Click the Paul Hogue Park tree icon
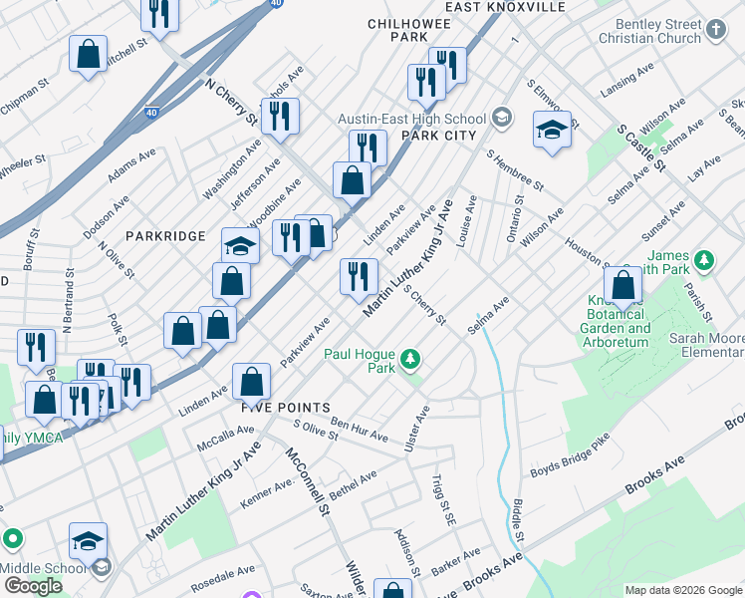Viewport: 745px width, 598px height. [x=408, y=359]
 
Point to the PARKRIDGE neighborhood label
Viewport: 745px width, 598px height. [x=165, y=236]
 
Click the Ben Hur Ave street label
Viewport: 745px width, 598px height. [x=359, y=430]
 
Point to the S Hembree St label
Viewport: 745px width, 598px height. [x=515, y=169]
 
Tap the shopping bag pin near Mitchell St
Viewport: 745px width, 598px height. [x=88, y=54]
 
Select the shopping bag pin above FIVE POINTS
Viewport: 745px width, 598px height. [x=252, y=380]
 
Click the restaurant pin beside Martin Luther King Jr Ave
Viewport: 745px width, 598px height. [x=359, y=276]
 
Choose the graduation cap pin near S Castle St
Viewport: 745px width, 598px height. [x=551, y=130]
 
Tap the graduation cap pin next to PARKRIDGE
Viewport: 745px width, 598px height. [x=240, y=244]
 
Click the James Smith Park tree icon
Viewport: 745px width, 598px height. [x=705, y=260]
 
